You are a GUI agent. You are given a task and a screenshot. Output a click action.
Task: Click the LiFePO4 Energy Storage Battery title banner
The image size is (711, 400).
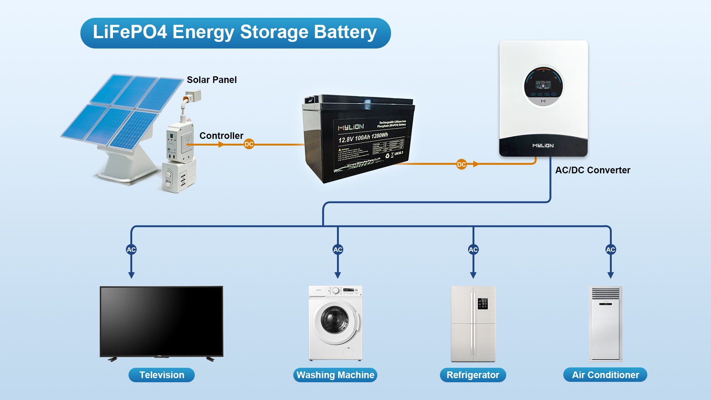235,33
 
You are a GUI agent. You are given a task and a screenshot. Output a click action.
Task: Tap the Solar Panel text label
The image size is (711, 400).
211,80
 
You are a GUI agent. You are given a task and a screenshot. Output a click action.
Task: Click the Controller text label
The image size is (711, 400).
221,136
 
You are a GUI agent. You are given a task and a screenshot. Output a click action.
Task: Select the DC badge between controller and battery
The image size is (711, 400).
249,144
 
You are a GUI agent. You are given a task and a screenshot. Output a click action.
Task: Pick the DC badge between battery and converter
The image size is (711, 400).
461,164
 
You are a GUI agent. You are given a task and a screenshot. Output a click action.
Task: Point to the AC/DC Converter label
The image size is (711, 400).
592,170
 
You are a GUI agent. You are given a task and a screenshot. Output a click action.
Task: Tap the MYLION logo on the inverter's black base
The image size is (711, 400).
543,146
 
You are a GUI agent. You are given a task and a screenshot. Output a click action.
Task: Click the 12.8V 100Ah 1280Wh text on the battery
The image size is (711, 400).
363,137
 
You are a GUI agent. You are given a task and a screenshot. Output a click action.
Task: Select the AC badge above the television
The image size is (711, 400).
131,250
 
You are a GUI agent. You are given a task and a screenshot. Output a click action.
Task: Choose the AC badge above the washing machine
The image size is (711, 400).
338,250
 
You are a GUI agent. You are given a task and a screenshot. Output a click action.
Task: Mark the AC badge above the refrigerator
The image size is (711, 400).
473,250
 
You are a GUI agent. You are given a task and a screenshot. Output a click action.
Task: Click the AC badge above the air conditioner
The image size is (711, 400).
611,250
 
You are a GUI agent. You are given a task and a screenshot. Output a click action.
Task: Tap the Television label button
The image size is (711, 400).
161,375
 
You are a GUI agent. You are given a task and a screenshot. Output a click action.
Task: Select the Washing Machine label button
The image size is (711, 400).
335,375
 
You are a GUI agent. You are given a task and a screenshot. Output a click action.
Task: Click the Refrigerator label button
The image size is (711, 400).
473,375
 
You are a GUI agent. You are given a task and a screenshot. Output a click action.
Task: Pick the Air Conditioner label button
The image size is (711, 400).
605,375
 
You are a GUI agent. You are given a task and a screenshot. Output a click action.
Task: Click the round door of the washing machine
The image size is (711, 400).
335,320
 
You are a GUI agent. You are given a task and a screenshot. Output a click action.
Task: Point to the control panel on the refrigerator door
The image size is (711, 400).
483,304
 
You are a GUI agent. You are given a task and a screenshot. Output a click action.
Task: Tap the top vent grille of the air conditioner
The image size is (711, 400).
605,293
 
